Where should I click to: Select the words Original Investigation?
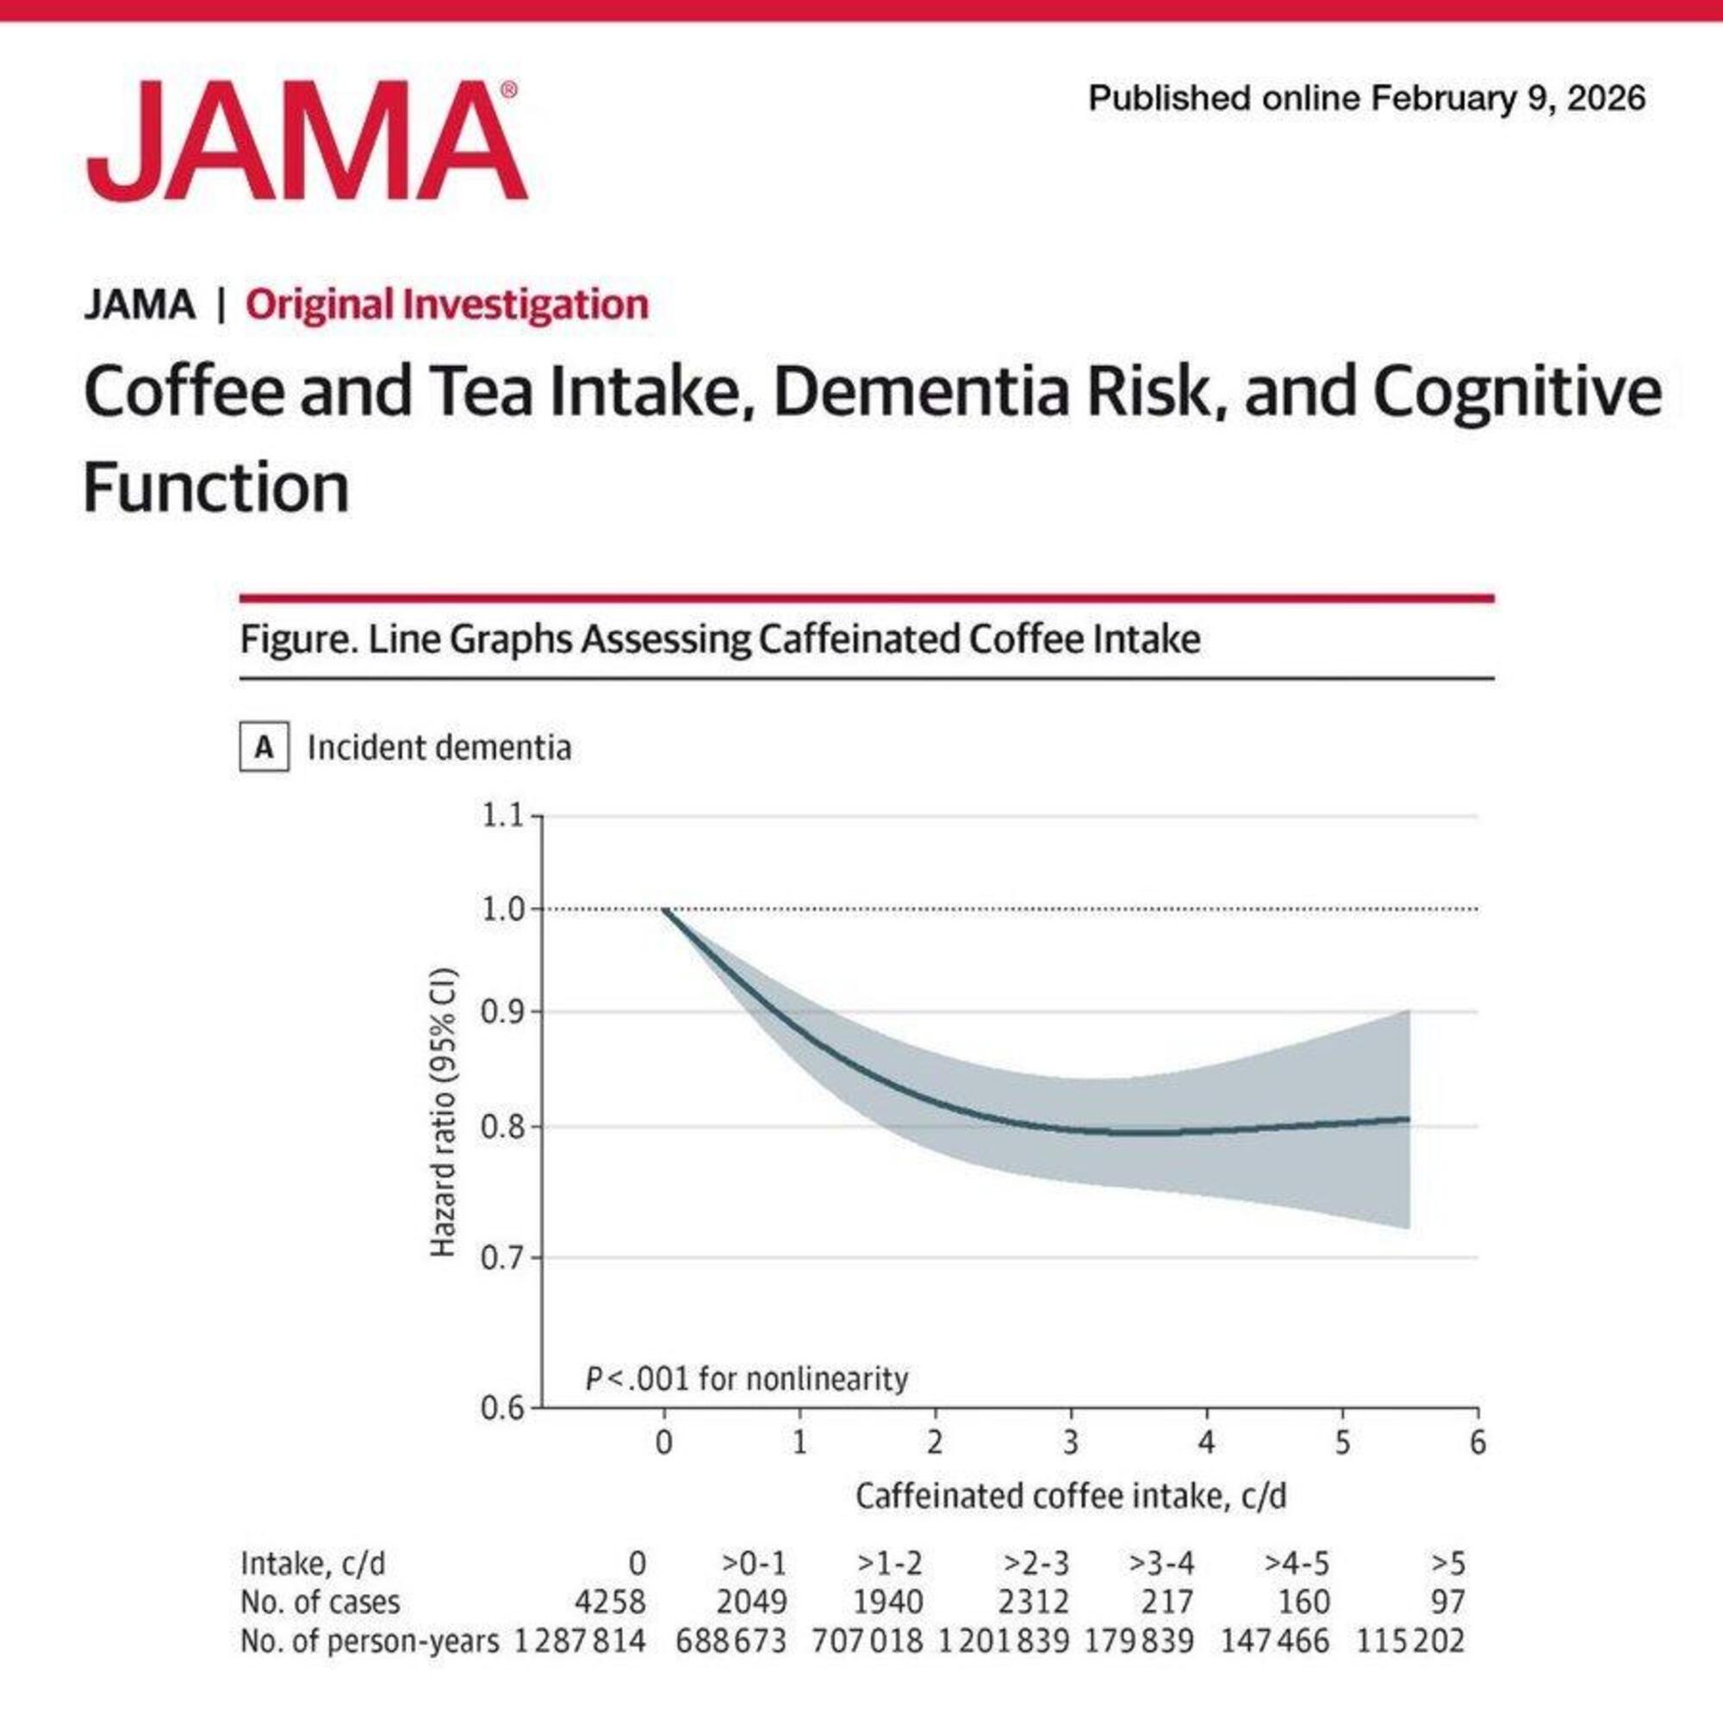point(447,304)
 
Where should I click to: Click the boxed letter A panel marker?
point(264,747)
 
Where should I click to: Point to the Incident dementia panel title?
point(439,747)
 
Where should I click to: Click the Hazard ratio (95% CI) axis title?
point(443,1112)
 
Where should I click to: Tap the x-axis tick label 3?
point(1070,1443)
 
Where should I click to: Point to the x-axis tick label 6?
point(1477,1443)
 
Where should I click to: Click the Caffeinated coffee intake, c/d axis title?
point(1070,1496)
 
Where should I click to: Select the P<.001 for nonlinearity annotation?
point(746,1379)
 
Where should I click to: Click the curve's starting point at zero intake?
point(664,909)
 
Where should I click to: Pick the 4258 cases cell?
point(610,1602)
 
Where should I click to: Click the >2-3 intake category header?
point(1036,1564)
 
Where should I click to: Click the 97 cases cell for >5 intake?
point(1447,1602)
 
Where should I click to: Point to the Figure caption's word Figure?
point(290,639)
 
